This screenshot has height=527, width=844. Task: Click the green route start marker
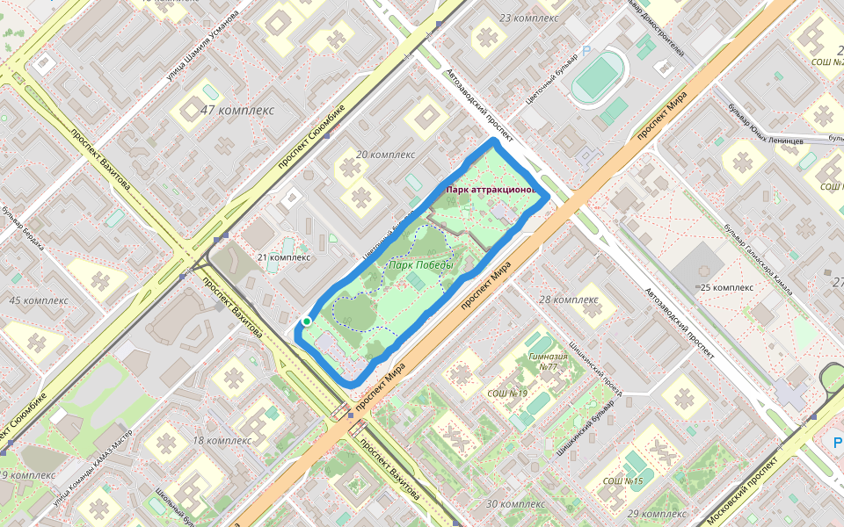click(306, 322)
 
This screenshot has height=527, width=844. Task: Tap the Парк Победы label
click(421, 265)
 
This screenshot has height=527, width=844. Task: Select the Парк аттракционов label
click(490, 190)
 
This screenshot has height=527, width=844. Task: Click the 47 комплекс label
click(236, 111)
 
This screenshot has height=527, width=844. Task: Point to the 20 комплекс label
click(385, 155)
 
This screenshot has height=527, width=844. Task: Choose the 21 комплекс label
click(283, 257)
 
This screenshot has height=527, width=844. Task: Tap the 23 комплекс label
click(528, 18)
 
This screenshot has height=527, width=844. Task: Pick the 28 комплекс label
click(568, 300)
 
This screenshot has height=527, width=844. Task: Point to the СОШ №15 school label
click(622, 481)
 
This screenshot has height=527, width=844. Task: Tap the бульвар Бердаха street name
click(33, 230)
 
